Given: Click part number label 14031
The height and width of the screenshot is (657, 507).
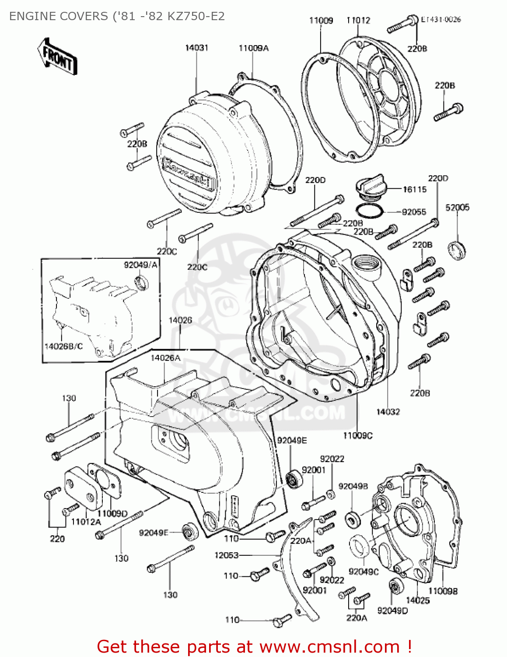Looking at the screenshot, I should [196, 48].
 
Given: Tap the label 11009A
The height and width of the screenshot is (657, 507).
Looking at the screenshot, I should [253, 48].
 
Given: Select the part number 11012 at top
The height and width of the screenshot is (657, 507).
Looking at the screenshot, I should [358, 20].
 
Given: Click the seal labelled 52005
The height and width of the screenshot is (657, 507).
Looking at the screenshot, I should [457, 250].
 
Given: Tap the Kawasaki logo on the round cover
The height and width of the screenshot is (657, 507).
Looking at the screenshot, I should [188, 174].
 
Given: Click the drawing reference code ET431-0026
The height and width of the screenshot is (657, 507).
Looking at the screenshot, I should [441, 19].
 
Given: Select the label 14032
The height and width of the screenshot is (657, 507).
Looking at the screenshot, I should [388, 412].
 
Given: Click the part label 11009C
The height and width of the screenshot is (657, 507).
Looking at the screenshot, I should [357, 435].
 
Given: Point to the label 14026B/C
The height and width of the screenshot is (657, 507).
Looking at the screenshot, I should [63, 346].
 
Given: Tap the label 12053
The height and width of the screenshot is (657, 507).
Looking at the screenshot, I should [226, 555].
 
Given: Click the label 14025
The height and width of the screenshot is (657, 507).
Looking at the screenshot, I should [418, 600].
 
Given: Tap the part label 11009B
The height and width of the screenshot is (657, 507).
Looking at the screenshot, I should [443, 591].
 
